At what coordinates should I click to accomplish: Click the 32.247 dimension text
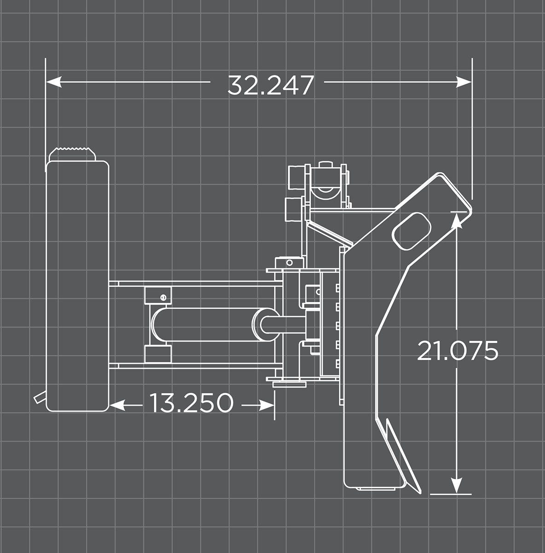(271, 85)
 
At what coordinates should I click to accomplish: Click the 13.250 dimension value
(191, 403)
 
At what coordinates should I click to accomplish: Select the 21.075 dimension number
(458, 351)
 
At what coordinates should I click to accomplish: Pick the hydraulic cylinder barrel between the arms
(203, 325)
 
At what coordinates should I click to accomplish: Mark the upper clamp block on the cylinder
(158, 294)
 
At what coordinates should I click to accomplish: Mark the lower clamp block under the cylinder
(158, 354)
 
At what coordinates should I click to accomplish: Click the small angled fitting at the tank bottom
(39, 397)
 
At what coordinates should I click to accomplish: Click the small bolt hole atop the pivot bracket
(289, 263)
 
